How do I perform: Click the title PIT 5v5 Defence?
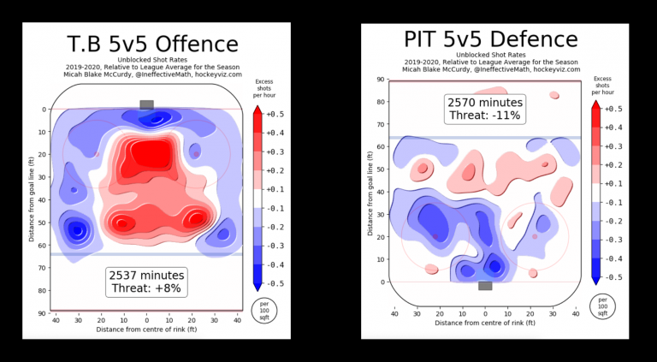click(490, 39)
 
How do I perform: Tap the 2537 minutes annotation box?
click(146, 282)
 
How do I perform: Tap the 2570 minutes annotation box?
click(485, 109)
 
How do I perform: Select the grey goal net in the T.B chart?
click(146, 104)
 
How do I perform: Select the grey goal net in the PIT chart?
click(485, 286)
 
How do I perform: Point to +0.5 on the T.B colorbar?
click(275, 113)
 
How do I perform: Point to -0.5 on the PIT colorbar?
click(613, 277)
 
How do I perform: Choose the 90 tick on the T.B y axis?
click(42, 313)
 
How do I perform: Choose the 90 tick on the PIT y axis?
click(381, 79)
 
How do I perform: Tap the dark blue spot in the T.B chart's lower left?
click(78, 230)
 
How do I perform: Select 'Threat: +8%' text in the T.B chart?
click(146, 289)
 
